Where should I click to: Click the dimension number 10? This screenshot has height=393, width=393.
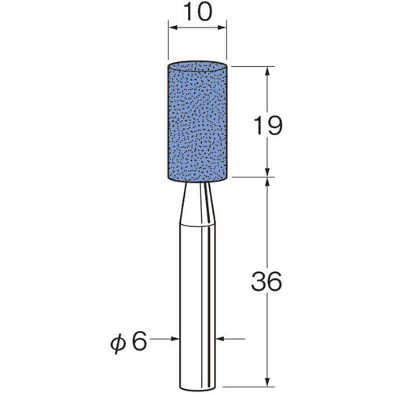pos(197,13)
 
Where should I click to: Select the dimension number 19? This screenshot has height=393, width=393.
pos(268,126)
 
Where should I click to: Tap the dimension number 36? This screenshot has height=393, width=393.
pos(266,281)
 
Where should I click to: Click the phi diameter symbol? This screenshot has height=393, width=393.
pos(119,343)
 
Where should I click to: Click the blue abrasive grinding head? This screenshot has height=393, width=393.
pos(197,121)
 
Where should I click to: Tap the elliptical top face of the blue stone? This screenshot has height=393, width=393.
pos(197,66)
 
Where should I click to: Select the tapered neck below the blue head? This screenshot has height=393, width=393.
pos(197,204)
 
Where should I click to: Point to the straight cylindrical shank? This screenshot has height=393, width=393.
pos(197,307)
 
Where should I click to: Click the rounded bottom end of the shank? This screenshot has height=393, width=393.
pos(197,387)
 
